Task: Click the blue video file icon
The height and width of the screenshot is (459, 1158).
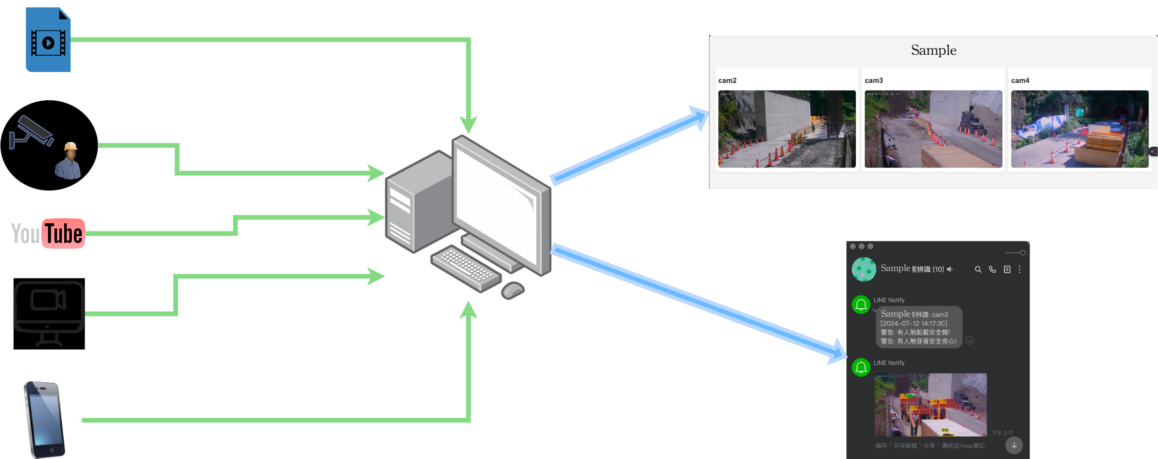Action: [48, 40]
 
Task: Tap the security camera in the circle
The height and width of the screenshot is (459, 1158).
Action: [32, 132]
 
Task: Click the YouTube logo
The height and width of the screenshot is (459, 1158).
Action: [48, 233]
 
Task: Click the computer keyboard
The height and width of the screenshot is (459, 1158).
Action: [465, 268]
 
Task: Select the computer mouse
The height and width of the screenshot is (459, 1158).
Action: [512, 289]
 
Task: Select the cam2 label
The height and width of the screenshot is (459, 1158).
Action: [727, 81]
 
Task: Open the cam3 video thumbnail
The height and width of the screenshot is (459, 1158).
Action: [933, 129]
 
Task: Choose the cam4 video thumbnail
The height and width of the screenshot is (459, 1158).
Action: [1079, 129]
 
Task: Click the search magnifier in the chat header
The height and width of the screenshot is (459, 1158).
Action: [978, 269]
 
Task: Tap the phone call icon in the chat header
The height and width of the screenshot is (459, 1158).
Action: [993, 269]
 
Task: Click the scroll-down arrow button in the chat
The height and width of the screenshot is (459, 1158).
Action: [1014, 445]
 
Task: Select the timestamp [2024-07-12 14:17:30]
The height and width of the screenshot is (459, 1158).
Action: [914, 324]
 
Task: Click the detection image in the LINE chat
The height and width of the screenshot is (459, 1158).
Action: [930, 404]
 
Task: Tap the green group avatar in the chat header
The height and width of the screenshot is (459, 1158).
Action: [864, 269]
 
